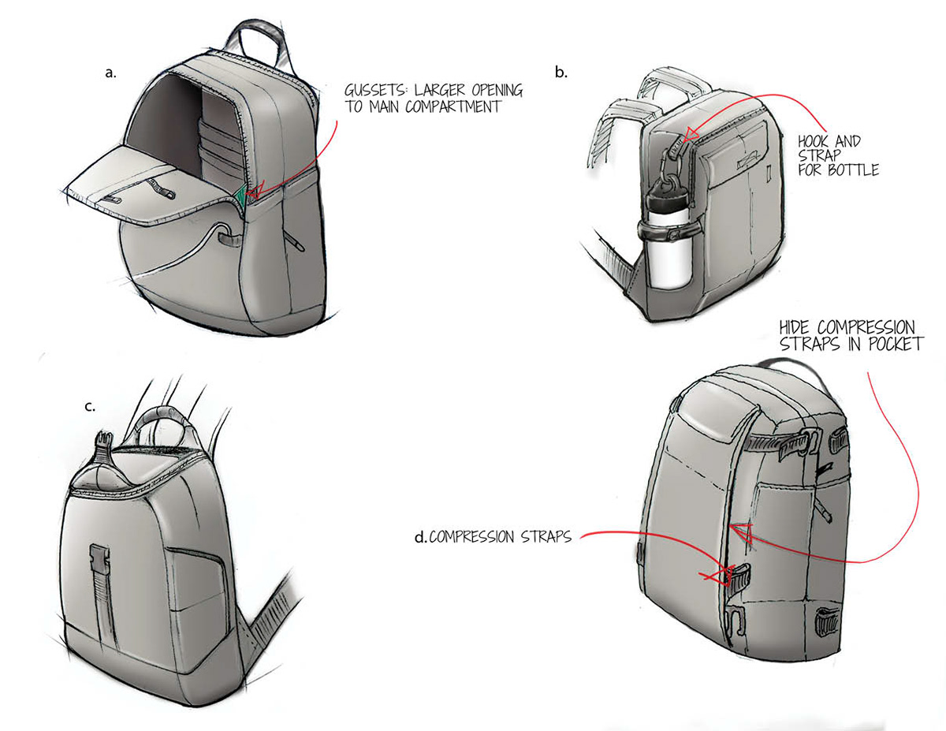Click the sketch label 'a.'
tap(110, 73)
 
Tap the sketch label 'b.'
tap(561, 73)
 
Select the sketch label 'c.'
tap(89, 407)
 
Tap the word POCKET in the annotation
tap(894, 344)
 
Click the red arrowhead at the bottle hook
tap(691, 134)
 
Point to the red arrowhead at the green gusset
tap(254, 192)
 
